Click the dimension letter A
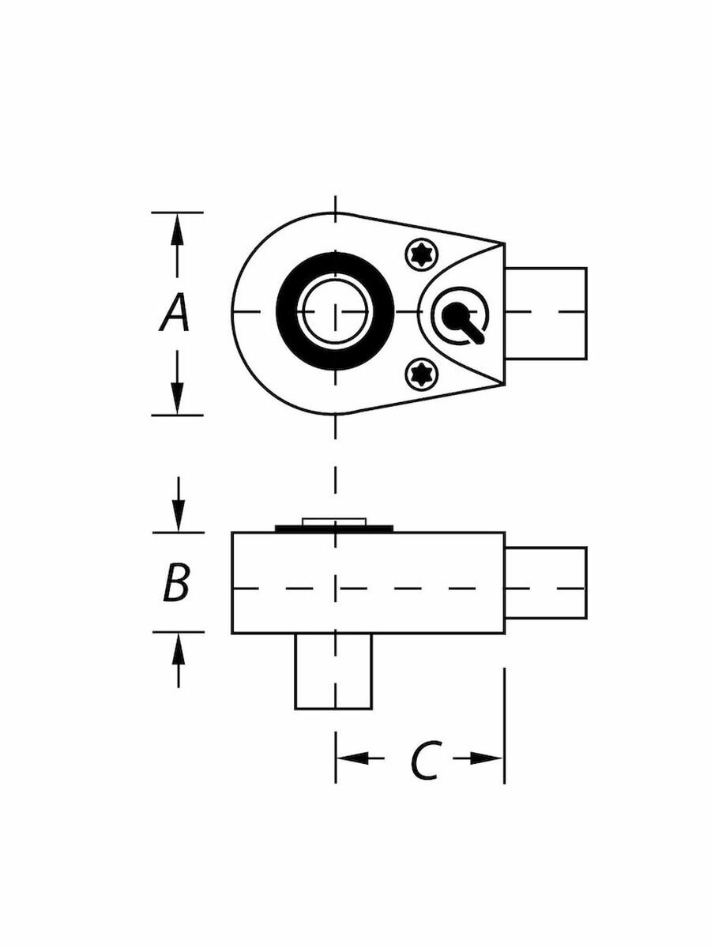(175, 313)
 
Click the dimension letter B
(176, 581)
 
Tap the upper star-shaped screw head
(422, 256)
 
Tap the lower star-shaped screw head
(422, 374)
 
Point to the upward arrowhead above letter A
(177, 230)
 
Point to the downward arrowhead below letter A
(177, 397)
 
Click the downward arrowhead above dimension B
(179, 515)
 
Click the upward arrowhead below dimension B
(179, 649)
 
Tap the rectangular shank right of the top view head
(546, 313)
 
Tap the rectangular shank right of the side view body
(546, 581)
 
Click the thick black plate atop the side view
(334, 529)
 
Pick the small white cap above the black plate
(334, 521)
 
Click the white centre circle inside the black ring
(335, 311)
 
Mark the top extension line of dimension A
(177, 213)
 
